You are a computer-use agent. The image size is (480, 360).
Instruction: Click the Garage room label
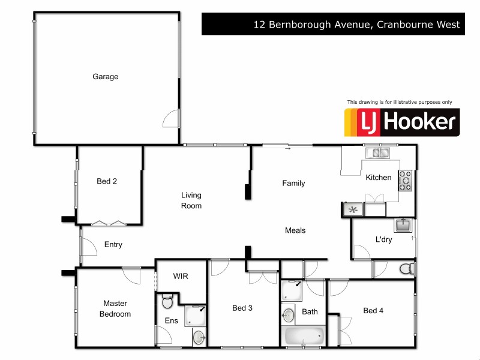pyautogui.click(x=105, y=77)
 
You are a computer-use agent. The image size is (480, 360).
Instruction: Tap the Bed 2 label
pyautogui.click(x=107, y=181)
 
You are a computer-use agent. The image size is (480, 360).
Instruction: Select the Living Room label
pyautogui.click(x=191, y=200)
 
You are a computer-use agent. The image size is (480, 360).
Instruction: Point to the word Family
pyautogui.click(x=293, y=184)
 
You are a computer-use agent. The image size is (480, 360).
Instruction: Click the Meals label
pyautogui.click(x=295, y=230)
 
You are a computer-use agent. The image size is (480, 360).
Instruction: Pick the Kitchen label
pyautogui.click(x=379, y=178)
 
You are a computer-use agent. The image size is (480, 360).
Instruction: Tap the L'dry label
pyautogui.click(x=384, y=240)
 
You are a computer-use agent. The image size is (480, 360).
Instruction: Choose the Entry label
pyautogui.click(x=113, y=245)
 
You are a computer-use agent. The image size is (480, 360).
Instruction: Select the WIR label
pyautogui.click(x=181, y=277)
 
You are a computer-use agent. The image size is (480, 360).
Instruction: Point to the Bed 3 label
pyautogui.click(x=242, y=308)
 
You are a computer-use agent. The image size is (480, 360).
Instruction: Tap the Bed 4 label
pyautogui.click(x=373, y=310)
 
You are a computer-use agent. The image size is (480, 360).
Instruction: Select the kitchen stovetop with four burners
pyautogui.click(x=406, y=180)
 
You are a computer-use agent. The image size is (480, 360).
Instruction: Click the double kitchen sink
pyautogui.click(x=380, y=153)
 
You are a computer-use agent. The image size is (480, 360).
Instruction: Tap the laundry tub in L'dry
pyautogui.click(x=403, y=226)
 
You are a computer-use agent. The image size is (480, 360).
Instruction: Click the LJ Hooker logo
pyautogui.click(x=401, y=122)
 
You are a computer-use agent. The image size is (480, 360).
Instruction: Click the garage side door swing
pyautogui.click(x=172, y=118)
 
